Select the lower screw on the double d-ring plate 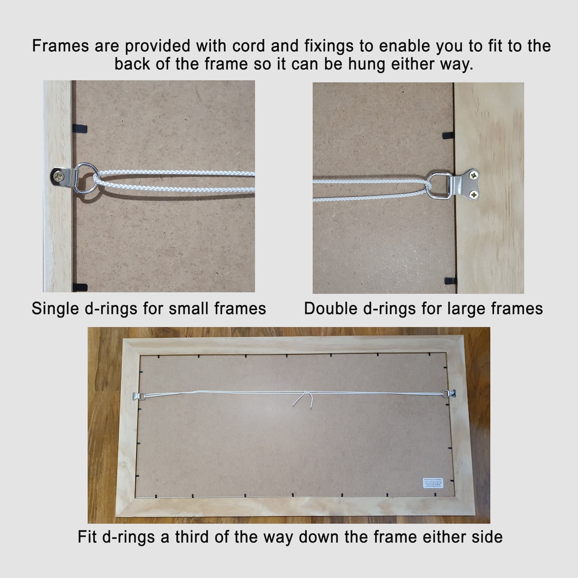[476, 194]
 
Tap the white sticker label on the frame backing [432, 483]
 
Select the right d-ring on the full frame [449, 393]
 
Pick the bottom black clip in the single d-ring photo [80, 287]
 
